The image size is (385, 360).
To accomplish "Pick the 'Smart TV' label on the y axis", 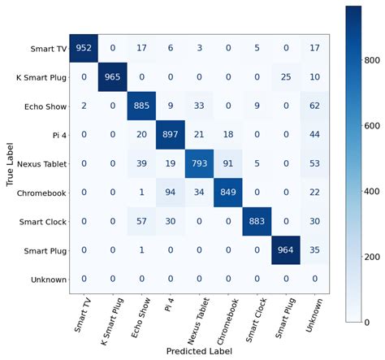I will (45, 49).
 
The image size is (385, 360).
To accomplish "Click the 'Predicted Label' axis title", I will (200, 352).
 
